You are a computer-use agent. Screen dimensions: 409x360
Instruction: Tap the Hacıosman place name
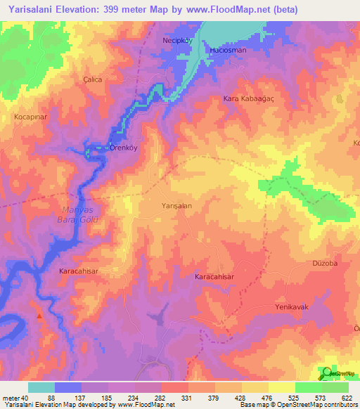pyautogui.click(x=225, y=51)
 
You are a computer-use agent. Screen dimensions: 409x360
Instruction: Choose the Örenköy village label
pyautogui.click(x=119, y=148)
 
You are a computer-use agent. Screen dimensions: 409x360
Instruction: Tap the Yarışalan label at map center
pyautogui.click(x=177, y=206)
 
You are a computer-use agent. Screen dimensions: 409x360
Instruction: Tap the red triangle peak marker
pyautogui.click(x=39, y=317)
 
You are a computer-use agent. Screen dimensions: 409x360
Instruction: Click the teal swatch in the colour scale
pyautogui.click(x=41, y=387)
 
